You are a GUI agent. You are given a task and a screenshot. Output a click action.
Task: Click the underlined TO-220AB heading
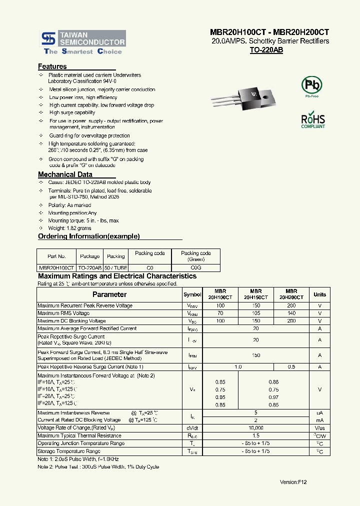coord(266,50)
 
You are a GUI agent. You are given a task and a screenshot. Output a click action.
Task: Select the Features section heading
coord(52,66)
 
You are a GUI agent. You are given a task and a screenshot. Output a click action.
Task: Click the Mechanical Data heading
coord(65,174)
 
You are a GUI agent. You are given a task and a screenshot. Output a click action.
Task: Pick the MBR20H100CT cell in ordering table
coord(56,268)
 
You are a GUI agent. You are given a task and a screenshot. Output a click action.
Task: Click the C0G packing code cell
coord(195,268)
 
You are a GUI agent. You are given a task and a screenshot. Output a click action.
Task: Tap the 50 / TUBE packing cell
coord(115,268)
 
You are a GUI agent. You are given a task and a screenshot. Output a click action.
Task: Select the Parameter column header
coord(109,294)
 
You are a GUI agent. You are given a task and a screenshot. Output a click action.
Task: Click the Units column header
coord(319,294)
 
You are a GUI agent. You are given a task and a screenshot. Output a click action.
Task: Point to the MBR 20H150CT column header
coord(255,294)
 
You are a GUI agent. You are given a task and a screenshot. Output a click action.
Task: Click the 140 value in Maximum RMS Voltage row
coord(291,313)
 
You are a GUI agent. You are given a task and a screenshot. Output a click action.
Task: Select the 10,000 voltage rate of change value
coord(255,428)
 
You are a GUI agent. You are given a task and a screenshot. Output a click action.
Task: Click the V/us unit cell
coord(319,428)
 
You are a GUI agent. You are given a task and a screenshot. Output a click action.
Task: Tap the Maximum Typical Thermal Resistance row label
coord(79,436)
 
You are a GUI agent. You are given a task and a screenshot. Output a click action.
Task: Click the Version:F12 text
coord(293,482)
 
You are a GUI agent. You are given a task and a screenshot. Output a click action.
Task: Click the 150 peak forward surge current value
coord(255,355)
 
